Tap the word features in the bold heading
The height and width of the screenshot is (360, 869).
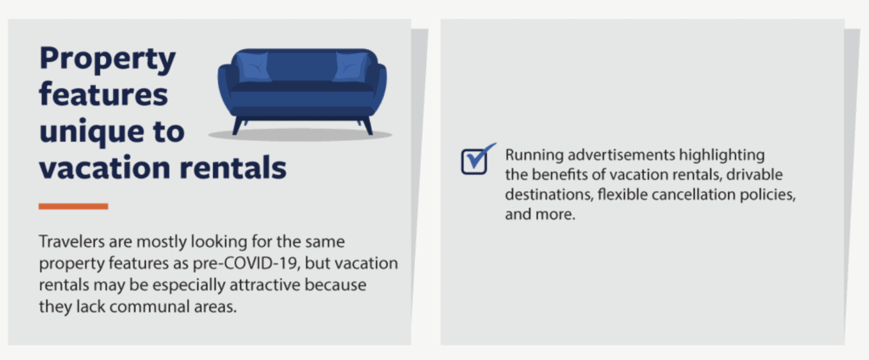coord(104,94)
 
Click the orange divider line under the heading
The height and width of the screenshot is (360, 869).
coord(73,206)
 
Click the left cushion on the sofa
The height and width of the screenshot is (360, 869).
coord(253,66)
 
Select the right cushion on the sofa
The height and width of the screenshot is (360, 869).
coord(351,66)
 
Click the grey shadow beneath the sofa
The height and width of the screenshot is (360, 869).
coord(300,135)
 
